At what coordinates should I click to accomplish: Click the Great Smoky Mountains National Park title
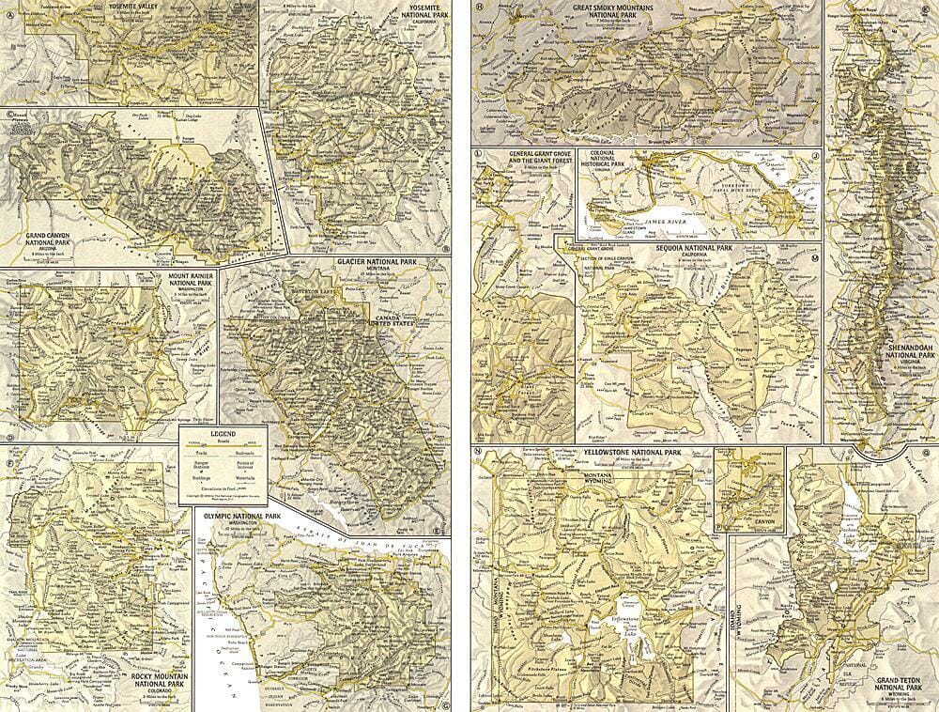(x=642, y=9)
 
